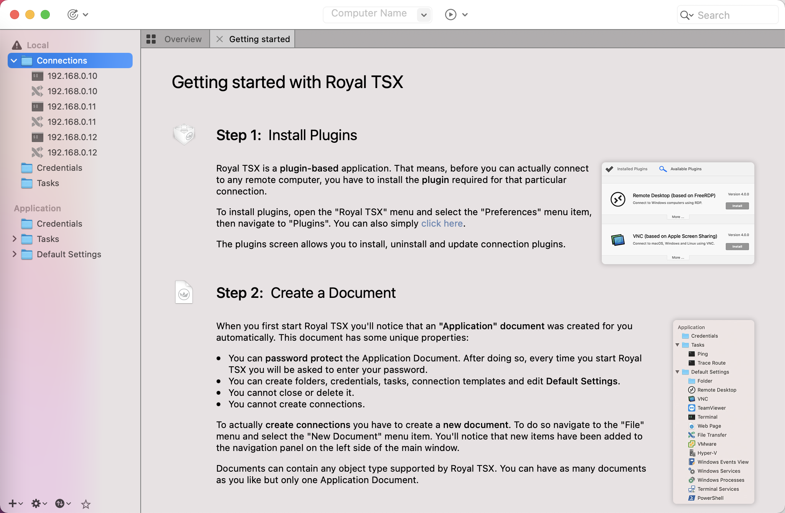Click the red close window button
[x=15, y=15]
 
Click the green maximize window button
[x=45, y=15]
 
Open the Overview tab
[x=175, y=39]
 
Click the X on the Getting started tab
[x=220, y=39]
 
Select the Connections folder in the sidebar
[x=62, y=60]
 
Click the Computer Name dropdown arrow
[x=424, y=15]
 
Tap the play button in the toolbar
[x=451, y=15]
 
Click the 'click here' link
[x=442, y=224]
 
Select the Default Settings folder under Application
[x=69, y=254]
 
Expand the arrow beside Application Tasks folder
[x=15, y=239]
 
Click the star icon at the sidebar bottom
[x=86, y=504]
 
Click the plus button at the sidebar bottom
[x=12, y=503]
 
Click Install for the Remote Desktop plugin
[x=737, y=206]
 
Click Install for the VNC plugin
[x=737, y=247]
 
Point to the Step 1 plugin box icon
[x=184, y=134]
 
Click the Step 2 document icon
[x=184, y=292]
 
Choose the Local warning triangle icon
[x=17, y=45]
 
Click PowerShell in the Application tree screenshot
[x=710, y=498]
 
